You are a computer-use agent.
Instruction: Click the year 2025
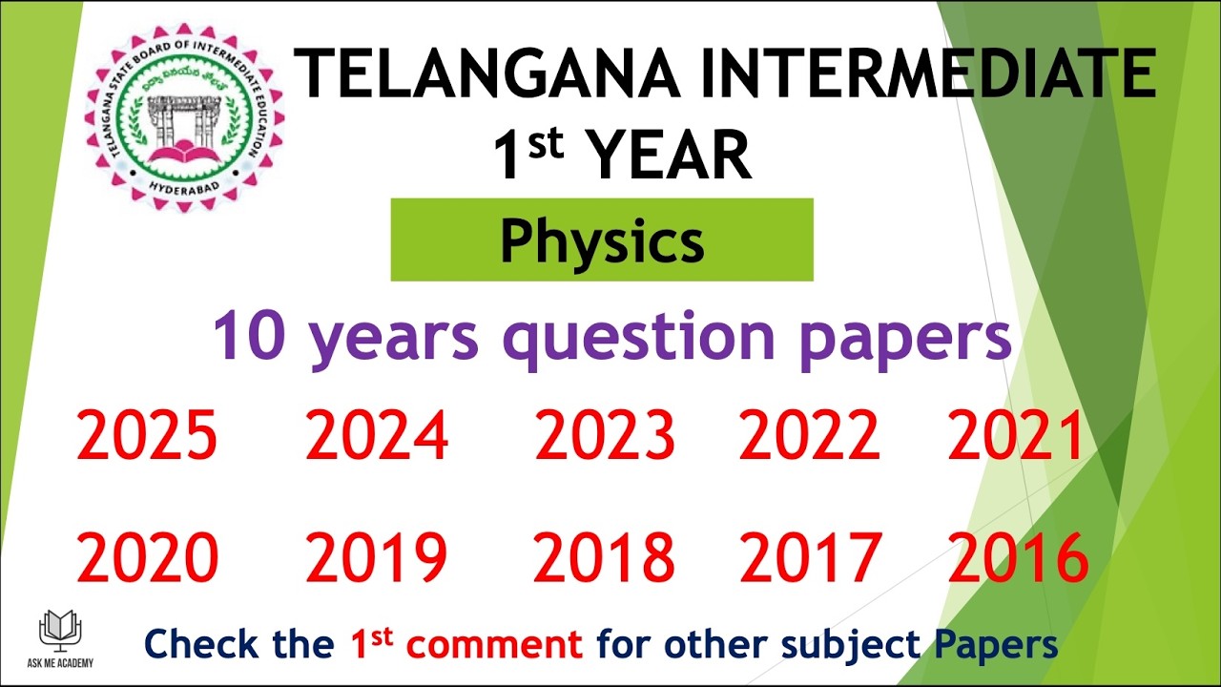[x=147, y=437]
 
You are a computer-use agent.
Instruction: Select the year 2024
[x=377, y=437]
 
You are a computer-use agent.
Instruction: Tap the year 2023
[x=605, y=437]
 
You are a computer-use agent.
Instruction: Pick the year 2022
[x=809, y=437]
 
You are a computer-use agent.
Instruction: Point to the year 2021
[x=1017, y=437]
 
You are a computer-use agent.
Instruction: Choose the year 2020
[x=147, y=558]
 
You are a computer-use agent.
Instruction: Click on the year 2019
[x=377, y=558]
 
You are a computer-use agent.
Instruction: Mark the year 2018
[x=605, y=558]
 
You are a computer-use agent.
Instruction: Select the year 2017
[x=809, y=558]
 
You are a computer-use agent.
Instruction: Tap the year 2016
[x=1017, y=558]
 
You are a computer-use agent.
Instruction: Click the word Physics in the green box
[x=602, y=241]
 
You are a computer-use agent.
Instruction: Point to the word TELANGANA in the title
[x=486, y=74]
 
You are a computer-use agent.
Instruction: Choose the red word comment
[x=494, y=645]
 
